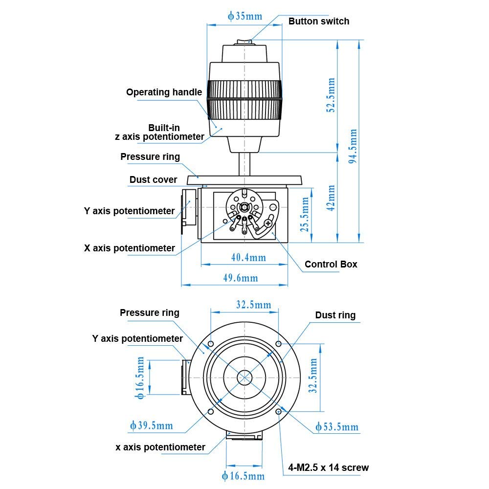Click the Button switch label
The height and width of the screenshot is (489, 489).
tap(318, 21)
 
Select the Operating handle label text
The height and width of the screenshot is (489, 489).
tap(164, 92)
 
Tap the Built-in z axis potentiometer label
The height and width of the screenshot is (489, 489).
tap(159, 133)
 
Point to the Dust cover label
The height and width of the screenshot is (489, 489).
tap(153, 180)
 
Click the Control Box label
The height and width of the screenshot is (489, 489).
tap(331, 265)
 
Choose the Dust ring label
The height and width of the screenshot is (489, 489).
tap(335, 315)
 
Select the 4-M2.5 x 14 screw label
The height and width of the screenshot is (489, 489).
tap(328, 467)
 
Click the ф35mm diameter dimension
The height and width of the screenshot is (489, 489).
tap(245, 16)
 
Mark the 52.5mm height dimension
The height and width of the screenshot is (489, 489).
tap(331, 95)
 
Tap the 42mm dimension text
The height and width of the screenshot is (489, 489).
tap(331, 197)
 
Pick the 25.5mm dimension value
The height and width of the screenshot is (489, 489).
tap(305, 214)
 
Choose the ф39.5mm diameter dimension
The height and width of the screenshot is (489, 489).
tap(152, 425)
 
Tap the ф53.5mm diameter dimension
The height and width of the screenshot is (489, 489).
tap(337, 427)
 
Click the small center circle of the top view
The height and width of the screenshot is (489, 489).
tap(244, 378)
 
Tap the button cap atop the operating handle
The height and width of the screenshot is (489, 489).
tap(244, 43)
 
